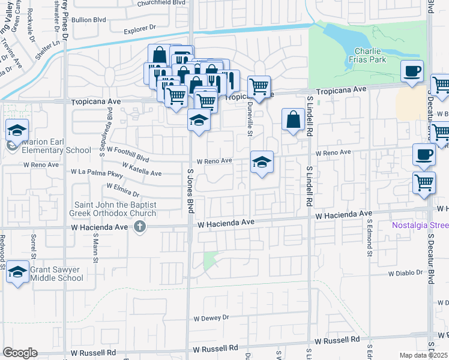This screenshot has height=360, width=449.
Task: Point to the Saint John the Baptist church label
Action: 115,209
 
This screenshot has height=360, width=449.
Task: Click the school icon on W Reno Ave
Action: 261,162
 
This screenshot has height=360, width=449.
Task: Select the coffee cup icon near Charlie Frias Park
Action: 412,71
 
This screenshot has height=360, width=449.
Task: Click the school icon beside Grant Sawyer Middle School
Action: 18,273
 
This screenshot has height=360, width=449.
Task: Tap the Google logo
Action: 20,353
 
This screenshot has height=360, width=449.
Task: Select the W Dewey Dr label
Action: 211,317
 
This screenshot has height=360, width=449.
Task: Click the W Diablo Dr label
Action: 407,273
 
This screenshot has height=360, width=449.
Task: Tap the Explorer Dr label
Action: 139,28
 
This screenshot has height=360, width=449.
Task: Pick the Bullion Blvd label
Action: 88,20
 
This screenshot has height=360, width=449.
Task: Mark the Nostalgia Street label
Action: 420,226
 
